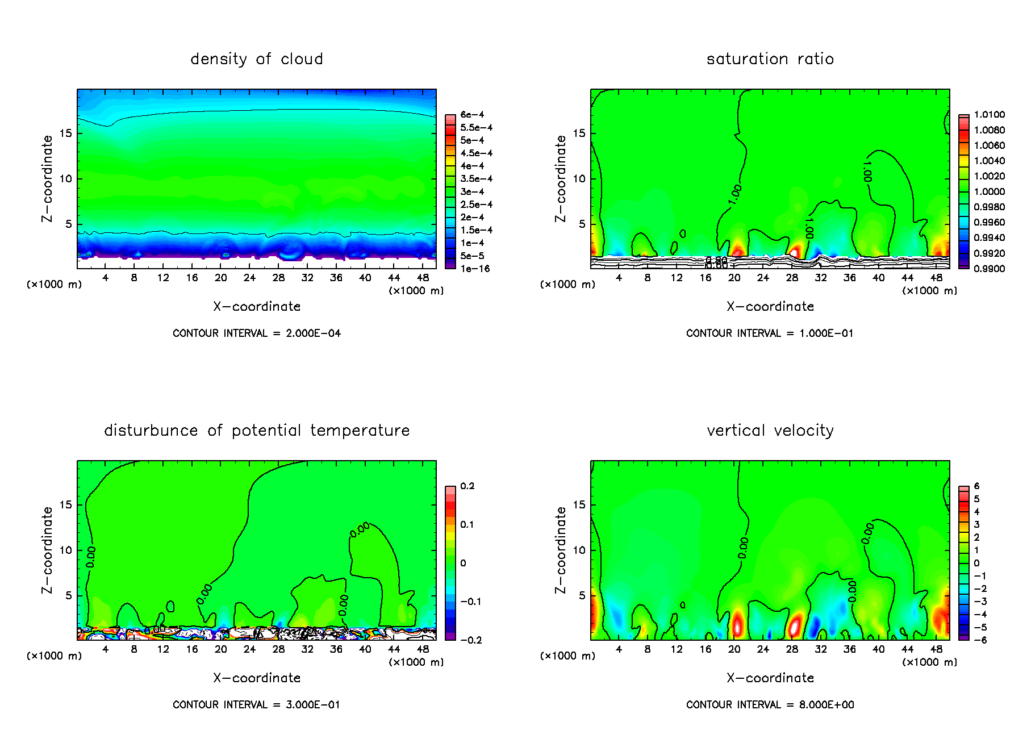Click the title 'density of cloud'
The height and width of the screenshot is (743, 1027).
coord(256,59)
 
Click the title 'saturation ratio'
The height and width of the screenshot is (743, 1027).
coord(770,59)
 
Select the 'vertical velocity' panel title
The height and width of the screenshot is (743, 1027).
coord(770,431)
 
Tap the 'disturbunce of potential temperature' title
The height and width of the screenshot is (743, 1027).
coord(256,431)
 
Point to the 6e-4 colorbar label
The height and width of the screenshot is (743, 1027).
coord(472,115)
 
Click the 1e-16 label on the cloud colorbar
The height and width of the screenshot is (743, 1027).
coord(475,269)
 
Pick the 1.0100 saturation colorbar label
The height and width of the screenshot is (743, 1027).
coord(989,115)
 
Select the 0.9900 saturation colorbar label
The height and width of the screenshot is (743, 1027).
coord(989,269)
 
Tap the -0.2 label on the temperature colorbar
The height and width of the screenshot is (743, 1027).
coord(471,640)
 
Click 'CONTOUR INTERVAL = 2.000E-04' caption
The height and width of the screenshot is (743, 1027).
coord(256,333)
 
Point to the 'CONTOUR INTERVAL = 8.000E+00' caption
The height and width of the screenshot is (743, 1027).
coord(770,705)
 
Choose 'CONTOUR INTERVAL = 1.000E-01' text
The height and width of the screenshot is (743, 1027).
coord(770,333)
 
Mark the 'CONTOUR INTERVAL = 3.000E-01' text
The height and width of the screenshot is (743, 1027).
coord(256,705)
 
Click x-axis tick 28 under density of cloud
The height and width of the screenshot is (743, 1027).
coord(278,278)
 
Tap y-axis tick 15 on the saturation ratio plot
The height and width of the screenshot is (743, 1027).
coord(579,133)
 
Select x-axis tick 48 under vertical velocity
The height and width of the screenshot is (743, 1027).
coord(936,649)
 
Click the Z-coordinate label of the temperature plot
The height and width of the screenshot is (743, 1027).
coord(47,550)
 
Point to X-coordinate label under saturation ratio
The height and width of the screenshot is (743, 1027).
coord(770,307)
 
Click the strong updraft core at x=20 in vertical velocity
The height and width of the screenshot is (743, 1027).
coord(736,624)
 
